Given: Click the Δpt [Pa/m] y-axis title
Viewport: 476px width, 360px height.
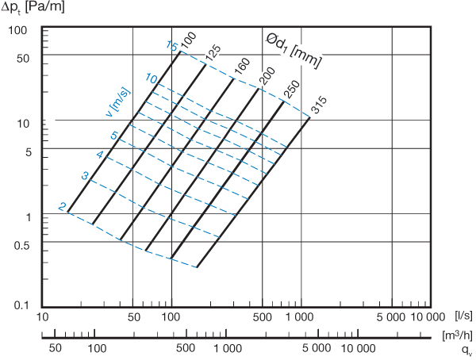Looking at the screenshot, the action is point(33,7).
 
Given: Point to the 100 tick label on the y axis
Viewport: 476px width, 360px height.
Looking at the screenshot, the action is point(17,30).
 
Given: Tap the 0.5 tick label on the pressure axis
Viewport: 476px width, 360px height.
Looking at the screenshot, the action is point(22,245).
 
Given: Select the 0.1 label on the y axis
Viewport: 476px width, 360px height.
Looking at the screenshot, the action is point(22,305).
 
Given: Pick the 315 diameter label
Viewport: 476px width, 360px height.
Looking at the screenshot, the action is point(320,105).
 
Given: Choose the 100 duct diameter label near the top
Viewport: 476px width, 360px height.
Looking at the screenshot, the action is point(189,40).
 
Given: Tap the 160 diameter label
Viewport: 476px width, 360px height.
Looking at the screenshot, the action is point(242,67).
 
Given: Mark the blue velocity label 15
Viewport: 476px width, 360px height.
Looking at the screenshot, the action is point(172,46).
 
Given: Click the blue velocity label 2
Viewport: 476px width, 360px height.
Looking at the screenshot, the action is point(62,207).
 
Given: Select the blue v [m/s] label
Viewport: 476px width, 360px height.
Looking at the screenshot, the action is point(118,102).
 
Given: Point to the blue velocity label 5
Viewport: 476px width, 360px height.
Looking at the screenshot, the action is point(114,136).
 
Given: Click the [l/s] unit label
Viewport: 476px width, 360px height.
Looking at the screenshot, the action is point(463,316).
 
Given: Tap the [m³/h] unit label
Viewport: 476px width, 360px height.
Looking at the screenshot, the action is point(457,335).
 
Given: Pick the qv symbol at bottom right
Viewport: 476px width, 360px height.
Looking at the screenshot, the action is point(467,350).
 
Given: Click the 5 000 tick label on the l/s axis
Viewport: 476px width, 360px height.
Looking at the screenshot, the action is point(390,317).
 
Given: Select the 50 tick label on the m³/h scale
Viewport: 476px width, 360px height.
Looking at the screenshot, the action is point(56,348).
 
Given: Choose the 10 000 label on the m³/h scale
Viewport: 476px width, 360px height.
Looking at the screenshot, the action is point(359,348).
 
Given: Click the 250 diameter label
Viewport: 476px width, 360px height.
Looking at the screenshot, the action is point(293,90).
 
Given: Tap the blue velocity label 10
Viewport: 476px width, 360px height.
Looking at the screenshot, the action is point(152,79).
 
